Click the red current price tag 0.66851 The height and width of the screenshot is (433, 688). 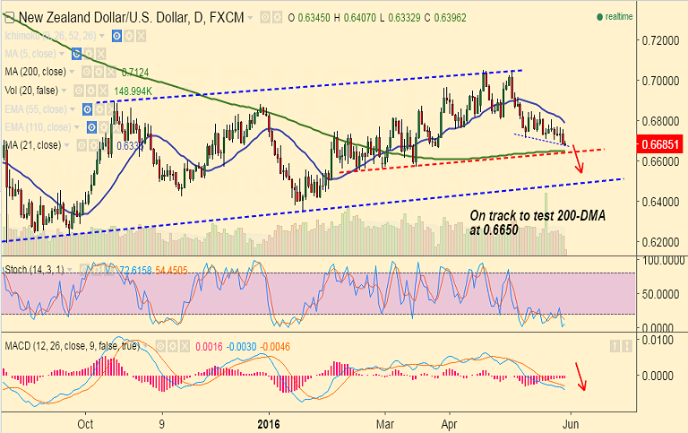click(658, 143)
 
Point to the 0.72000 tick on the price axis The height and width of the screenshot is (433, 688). click(658, 41)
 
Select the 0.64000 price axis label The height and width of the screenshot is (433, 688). click(658, 202)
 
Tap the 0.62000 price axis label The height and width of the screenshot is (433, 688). click(658, 242)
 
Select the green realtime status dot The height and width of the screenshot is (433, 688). click(598, 17)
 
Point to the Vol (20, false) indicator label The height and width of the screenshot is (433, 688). click(36, 91)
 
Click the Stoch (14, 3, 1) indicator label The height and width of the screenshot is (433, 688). click(33, 268)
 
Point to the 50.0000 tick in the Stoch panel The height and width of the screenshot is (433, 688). click(655, 293)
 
